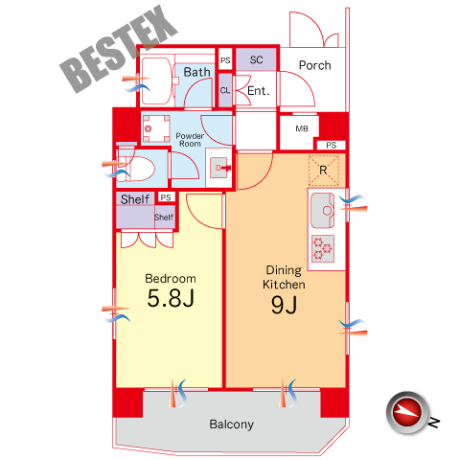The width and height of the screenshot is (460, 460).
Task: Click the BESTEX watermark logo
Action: (x=119, y=49)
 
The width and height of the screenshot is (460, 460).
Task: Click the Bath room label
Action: (x=196, y=72)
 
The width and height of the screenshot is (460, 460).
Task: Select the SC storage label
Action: (x=256, y=59)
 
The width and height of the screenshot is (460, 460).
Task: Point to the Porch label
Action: (x=314, y=65)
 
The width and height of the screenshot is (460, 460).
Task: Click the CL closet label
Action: (x=225, y=91)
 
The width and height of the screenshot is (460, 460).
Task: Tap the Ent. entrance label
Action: (x=259, y=91)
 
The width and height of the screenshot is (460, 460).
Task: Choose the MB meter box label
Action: (x=302, y=128)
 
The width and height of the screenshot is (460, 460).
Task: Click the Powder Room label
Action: (x=190, y=140)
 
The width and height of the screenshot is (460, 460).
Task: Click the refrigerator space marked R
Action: (x=323, y=171)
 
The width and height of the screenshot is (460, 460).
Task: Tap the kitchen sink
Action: (x=323, y=211)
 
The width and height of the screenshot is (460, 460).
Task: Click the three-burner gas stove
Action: (x=323, y=249)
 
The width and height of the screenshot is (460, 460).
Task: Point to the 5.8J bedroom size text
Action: (x=171, y=298)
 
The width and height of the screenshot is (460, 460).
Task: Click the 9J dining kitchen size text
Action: (x=284, y=305)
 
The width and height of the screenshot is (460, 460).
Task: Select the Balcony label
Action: (x=232, y=425)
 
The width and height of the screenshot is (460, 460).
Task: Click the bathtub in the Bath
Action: (x=156, y=80)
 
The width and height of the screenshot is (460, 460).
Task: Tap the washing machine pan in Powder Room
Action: (x=156, y=128)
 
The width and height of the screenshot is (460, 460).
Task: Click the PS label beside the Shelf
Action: (x=166, y=197)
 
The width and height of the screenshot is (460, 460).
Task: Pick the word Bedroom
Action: (x=171, y=279)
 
